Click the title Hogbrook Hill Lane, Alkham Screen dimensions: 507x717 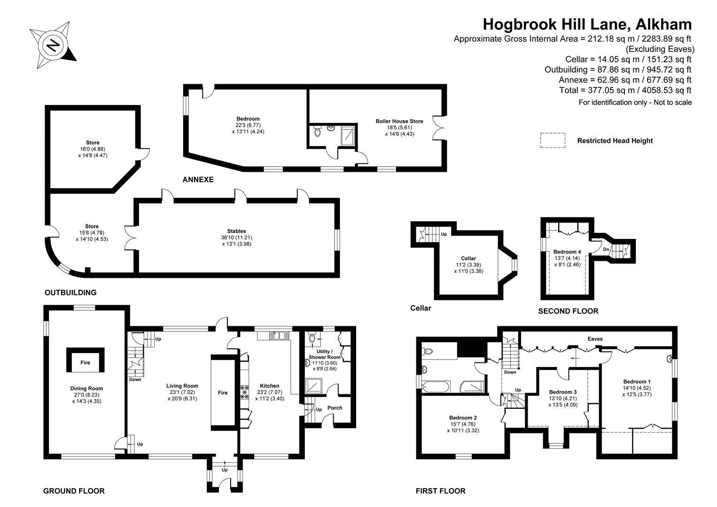click(x=587, y=24)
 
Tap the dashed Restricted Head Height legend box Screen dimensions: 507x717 click(x=553, y=140)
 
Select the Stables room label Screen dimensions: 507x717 click(x=236, y=231)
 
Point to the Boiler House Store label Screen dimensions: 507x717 click(x=399, y=121)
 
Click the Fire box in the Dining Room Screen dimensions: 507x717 click(x=85, y=362)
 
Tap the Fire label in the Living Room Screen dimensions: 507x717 click(x=223, y=392)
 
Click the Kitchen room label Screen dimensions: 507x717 click(x=269, y=386)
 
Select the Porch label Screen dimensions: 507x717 click(x=335, y=407)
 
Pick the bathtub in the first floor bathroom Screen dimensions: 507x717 click(x=436, y=387)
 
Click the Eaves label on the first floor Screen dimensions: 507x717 click(x=595, y=338)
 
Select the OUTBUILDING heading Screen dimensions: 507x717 click(x=70, y=292)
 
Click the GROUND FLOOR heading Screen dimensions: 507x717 click(x=74, y=491)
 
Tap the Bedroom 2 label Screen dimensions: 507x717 click(x=463, y=417)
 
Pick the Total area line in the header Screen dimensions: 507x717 click(x=625, y=90)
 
